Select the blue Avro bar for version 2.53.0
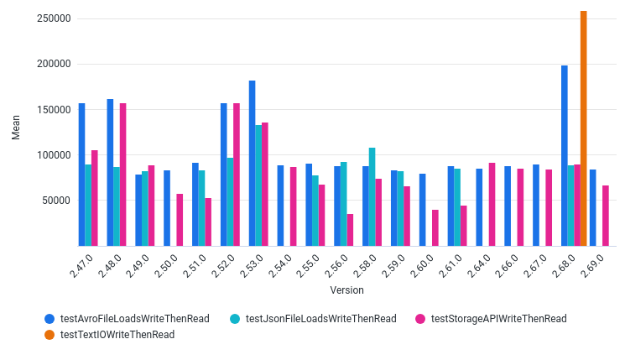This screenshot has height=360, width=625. coord(253,164)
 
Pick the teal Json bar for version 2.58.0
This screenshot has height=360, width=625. coord(372,197)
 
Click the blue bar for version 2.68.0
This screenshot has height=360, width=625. coord(565,156)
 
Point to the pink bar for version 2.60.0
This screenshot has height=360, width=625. coord(435,228)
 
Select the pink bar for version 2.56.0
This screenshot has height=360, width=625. coord(350,230)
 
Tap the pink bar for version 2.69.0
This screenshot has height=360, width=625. coord(606,216)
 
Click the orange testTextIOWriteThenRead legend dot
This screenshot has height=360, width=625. coord(49,335)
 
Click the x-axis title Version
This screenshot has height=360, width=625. coord(346,290)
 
